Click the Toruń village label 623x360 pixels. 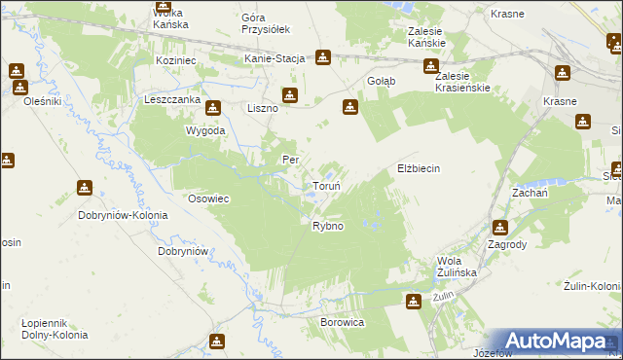pos(325,186)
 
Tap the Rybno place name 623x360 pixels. pos(327,226)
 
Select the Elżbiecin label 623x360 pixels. pos(419,168)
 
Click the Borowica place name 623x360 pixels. pos(342,320)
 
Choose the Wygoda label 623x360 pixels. pos(206,129)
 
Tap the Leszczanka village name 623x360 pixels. pos(171,99)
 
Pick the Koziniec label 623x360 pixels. pos(176,59)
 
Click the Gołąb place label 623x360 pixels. pos(381,81)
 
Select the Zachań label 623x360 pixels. pos(528,194)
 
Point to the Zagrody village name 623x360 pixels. pos(508,245)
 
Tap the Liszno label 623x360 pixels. pos(263,108)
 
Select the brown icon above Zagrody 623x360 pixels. pos(499,228)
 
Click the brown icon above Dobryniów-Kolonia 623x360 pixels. pos(86,187)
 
